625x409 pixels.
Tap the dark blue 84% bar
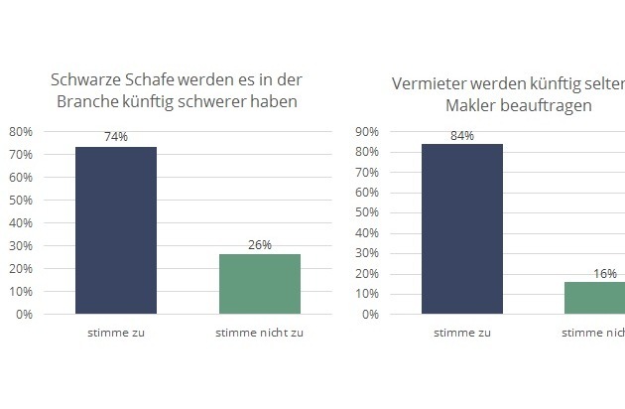(462, 229)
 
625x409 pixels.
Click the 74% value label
(116, 137)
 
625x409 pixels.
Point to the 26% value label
(260, 244)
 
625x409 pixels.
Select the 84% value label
(462, 135)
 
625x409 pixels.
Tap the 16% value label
(605, 273)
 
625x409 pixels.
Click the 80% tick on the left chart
(21, 132)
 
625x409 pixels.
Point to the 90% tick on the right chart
(368, 132)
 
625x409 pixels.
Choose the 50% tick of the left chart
(21, 201)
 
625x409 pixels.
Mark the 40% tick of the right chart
(368, 233)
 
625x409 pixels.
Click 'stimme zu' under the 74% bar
(116, 332)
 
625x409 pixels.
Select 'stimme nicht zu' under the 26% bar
(260, 332)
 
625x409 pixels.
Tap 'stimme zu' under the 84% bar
(462, 332)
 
